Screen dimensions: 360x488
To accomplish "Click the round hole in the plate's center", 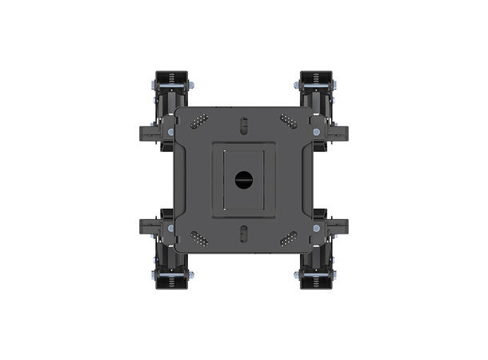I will click(243, 179).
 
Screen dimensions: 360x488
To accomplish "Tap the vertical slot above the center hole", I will click(243, 126).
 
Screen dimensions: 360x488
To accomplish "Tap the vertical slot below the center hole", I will click(243, 234).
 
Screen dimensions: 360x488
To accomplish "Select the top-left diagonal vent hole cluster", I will click(199, 120).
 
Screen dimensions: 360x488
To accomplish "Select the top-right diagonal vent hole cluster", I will click(288, 120).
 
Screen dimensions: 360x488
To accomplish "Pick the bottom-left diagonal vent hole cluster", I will click(199, 238).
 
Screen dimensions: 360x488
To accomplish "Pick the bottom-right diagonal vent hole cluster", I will click(288, 238).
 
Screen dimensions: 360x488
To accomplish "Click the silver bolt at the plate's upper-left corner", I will click(170, 131).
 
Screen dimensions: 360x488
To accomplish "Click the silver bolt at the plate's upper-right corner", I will click(317, 131).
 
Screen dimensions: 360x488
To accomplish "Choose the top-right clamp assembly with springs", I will click(316, 88).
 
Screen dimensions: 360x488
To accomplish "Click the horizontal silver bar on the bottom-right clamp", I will click(316, 275).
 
